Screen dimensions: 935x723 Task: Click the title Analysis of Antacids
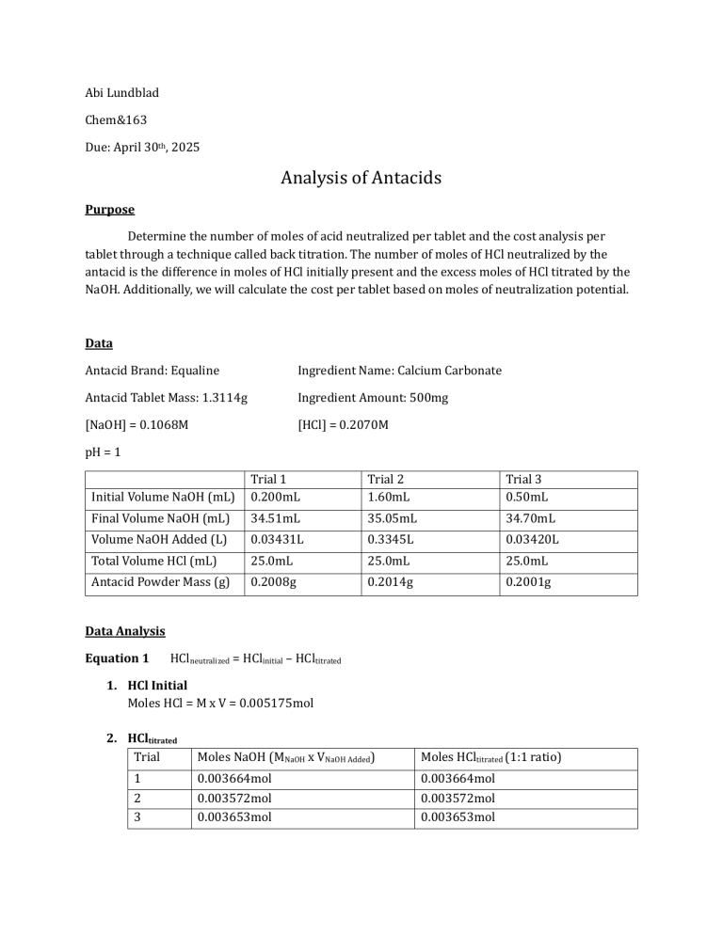tap(361, 177)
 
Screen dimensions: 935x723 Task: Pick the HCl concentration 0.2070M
tap(359, 425)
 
